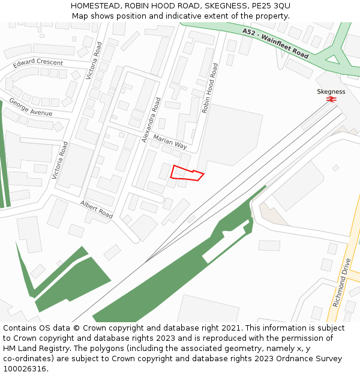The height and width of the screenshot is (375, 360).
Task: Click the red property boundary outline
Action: pos(187,173)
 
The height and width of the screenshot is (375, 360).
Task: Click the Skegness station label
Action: pos(331,92)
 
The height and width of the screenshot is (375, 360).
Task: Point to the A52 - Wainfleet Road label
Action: pos(275,43)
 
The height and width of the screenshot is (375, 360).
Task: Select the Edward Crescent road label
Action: pos(38,63)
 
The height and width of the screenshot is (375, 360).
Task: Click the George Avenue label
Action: pos(31,107)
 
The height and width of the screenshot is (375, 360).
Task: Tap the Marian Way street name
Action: pos(170,142)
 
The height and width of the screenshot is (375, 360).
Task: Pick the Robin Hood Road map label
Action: pos(210,88)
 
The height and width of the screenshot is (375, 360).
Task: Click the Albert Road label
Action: pos(97,209)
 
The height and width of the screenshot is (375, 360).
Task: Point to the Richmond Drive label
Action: pos(341,283)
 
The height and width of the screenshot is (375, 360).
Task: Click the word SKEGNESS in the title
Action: pos(223,5)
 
